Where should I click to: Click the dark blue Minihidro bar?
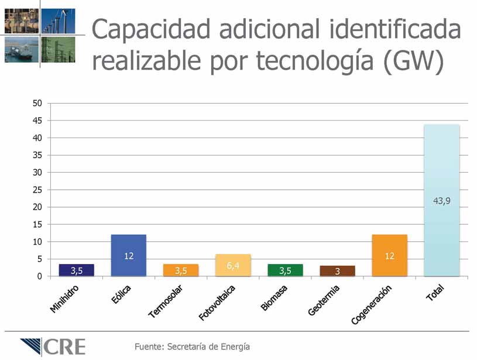point(76,270)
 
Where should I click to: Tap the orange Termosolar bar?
point(180,270)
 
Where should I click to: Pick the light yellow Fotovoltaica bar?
point(233,265)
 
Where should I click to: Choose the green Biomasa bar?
point(285,270)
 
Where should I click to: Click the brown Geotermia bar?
point(337,270)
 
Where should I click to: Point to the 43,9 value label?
point(442,200)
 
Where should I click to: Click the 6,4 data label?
point(233,266)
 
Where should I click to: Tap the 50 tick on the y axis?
point(37,104)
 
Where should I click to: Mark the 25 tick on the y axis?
point(37,190)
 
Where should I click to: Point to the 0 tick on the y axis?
point(40,276)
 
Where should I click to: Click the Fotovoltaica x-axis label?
point(217,302)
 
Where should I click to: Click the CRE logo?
point(52,347)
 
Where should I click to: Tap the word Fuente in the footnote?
point(149,347)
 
